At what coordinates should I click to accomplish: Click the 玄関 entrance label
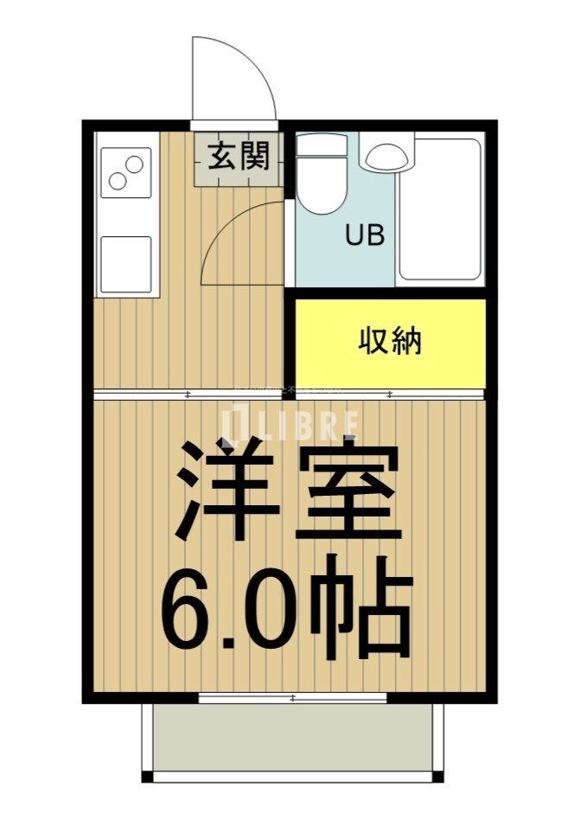click(x=238, y=157)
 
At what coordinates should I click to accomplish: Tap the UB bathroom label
click(x=365, y=235)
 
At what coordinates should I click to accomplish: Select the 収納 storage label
click(x=391, y=341)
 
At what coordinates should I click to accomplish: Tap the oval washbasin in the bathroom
click(x=385, y=157)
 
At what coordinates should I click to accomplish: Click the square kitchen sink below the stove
click(x=125, y=263)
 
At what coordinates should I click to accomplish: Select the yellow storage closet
click(x=391, y=343)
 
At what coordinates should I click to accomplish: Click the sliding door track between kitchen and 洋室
click(x=289, y=395)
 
